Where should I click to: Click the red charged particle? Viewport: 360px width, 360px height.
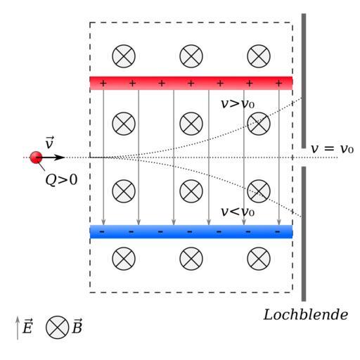tap(36, 157)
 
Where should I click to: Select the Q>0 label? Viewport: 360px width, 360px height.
tap(61, 180)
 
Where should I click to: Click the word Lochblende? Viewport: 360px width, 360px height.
tap(306, 314)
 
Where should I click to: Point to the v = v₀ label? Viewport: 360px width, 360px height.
tap(332, 148)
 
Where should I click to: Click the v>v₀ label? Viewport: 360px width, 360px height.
tap(238, 103)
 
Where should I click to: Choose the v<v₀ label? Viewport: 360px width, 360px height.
tap(238, 212)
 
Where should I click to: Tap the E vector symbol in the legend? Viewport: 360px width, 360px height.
tap(27, 326)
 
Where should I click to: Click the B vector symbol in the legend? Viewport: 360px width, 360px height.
tap(77, 326)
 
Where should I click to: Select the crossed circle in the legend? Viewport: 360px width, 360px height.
tap(57, 327)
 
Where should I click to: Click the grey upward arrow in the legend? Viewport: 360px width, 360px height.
tap(18, 328)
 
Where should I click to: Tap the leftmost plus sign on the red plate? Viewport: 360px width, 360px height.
tap(103, 83)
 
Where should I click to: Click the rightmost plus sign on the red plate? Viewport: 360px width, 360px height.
tap(278, 83)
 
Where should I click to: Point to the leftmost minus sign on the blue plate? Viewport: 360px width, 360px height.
tap(102, 232)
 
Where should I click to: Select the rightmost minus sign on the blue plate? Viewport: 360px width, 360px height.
tap(278, 232)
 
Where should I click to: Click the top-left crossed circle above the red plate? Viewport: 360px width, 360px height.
tap(124, 56)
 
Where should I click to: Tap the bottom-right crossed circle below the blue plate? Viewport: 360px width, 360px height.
tap(259, 259)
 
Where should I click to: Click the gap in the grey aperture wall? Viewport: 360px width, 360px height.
tap(304, 157)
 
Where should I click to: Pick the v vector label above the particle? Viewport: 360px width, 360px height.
tap(49, 142)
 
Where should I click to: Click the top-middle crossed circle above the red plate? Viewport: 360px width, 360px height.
tap(191, 56)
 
